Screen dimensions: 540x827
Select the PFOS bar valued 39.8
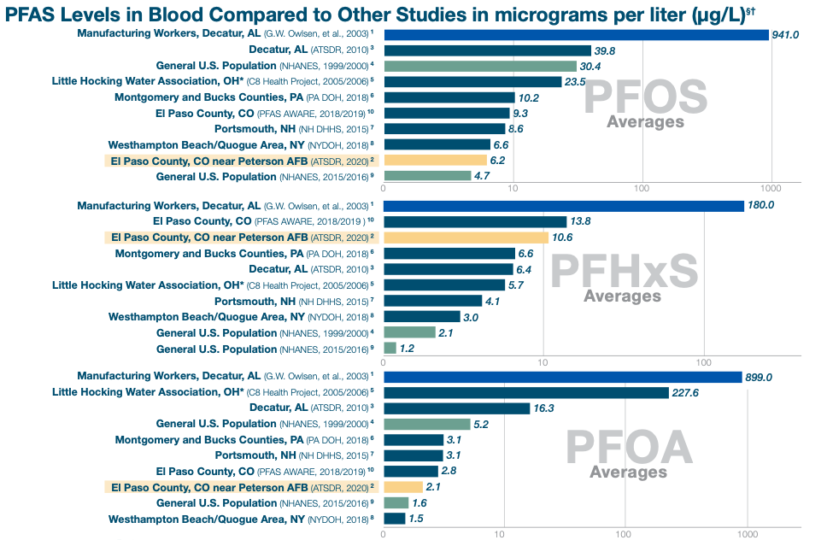(x=487, y=50)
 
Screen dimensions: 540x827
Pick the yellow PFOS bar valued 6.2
(x=435, y=160)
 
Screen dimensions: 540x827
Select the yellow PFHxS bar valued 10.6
(x=466, y=238)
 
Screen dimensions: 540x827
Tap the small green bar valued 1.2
(x=390, y=349)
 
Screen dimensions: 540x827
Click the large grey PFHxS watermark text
(x=625, y=272)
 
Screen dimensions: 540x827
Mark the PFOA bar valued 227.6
(x=525, y=392)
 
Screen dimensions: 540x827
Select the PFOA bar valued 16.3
(x=456, y=408)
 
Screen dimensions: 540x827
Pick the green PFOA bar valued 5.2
(x=426, y=424)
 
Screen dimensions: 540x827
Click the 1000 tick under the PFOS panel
(x=771, y=188)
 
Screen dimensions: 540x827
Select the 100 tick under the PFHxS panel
(x=704, y=362)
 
